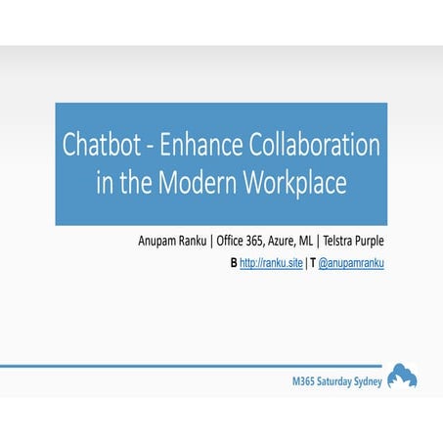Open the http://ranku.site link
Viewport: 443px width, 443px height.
click(x=274, y=263)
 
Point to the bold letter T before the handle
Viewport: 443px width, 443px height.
click(x=313, y=263)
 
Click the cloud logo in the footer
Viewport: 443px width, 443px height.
click(x=402, y=376)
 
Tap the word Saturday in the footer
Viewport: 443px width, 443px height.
click(x=324, y=379)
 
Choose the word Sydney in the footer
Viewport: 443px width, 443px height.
click(x=365, y=379)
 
